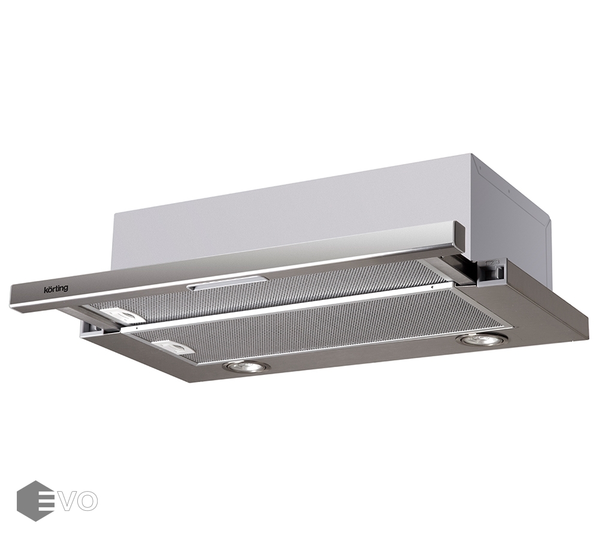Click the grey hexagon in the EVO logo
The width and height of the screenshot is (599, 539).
(35, 501)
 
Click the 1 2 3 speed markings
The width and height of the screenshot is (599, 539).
(492, 263)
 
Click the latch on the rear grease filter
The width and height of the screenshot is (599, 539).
(126, 316)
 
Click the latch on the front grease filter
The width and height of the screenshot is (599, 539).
(175, 346)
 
